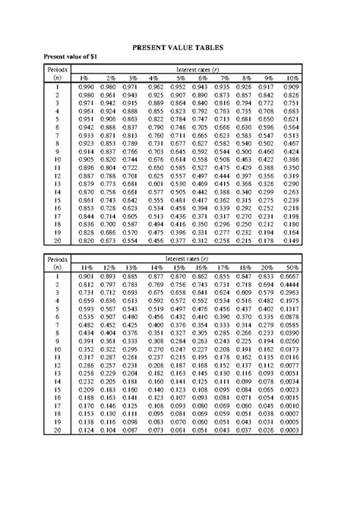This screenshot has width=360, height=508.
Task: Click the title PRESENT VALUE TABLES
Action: pyautogui.click(x=180, y=47)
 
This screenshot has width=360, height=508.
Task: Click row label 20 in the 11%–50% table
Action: pyautogui.click(x=56, y=430)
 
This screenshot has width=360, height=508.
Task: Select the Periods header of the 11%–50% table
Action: pyautogui.click(x=56, y=260)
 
